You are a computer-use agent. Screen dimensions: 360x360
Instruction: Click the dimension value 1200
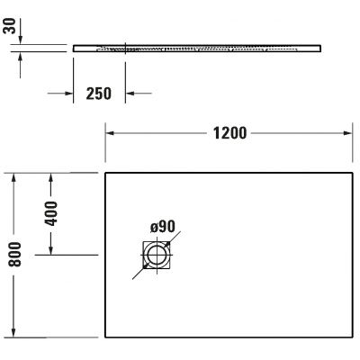click(x=229, y=134)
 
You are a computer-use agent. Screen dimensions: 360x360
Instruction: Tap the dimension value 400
click(x=51, y=213)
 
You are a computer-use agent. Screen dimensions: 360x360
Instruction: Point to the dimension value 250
click(x=98, y=93)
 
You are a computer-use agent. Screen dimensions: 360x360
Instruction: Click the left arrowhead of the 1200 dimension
click(x=112, y=134)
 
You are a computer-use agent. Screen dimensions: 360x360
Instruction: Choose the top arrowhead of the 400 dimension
click(x=51, y=177)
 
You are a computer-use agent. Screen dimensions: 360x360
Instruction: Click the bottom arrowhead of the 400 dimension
click(x=51, y=251)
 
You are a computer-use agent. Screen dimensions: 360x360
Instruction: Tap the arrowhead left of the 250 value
click(x=67, y=92)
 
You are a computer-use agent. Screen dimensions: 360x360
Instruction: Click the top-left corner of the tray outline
click(x=107, y=173)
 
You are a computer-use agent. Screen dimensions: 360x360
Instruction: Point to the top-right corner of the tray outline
click(x=350, y=173)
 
